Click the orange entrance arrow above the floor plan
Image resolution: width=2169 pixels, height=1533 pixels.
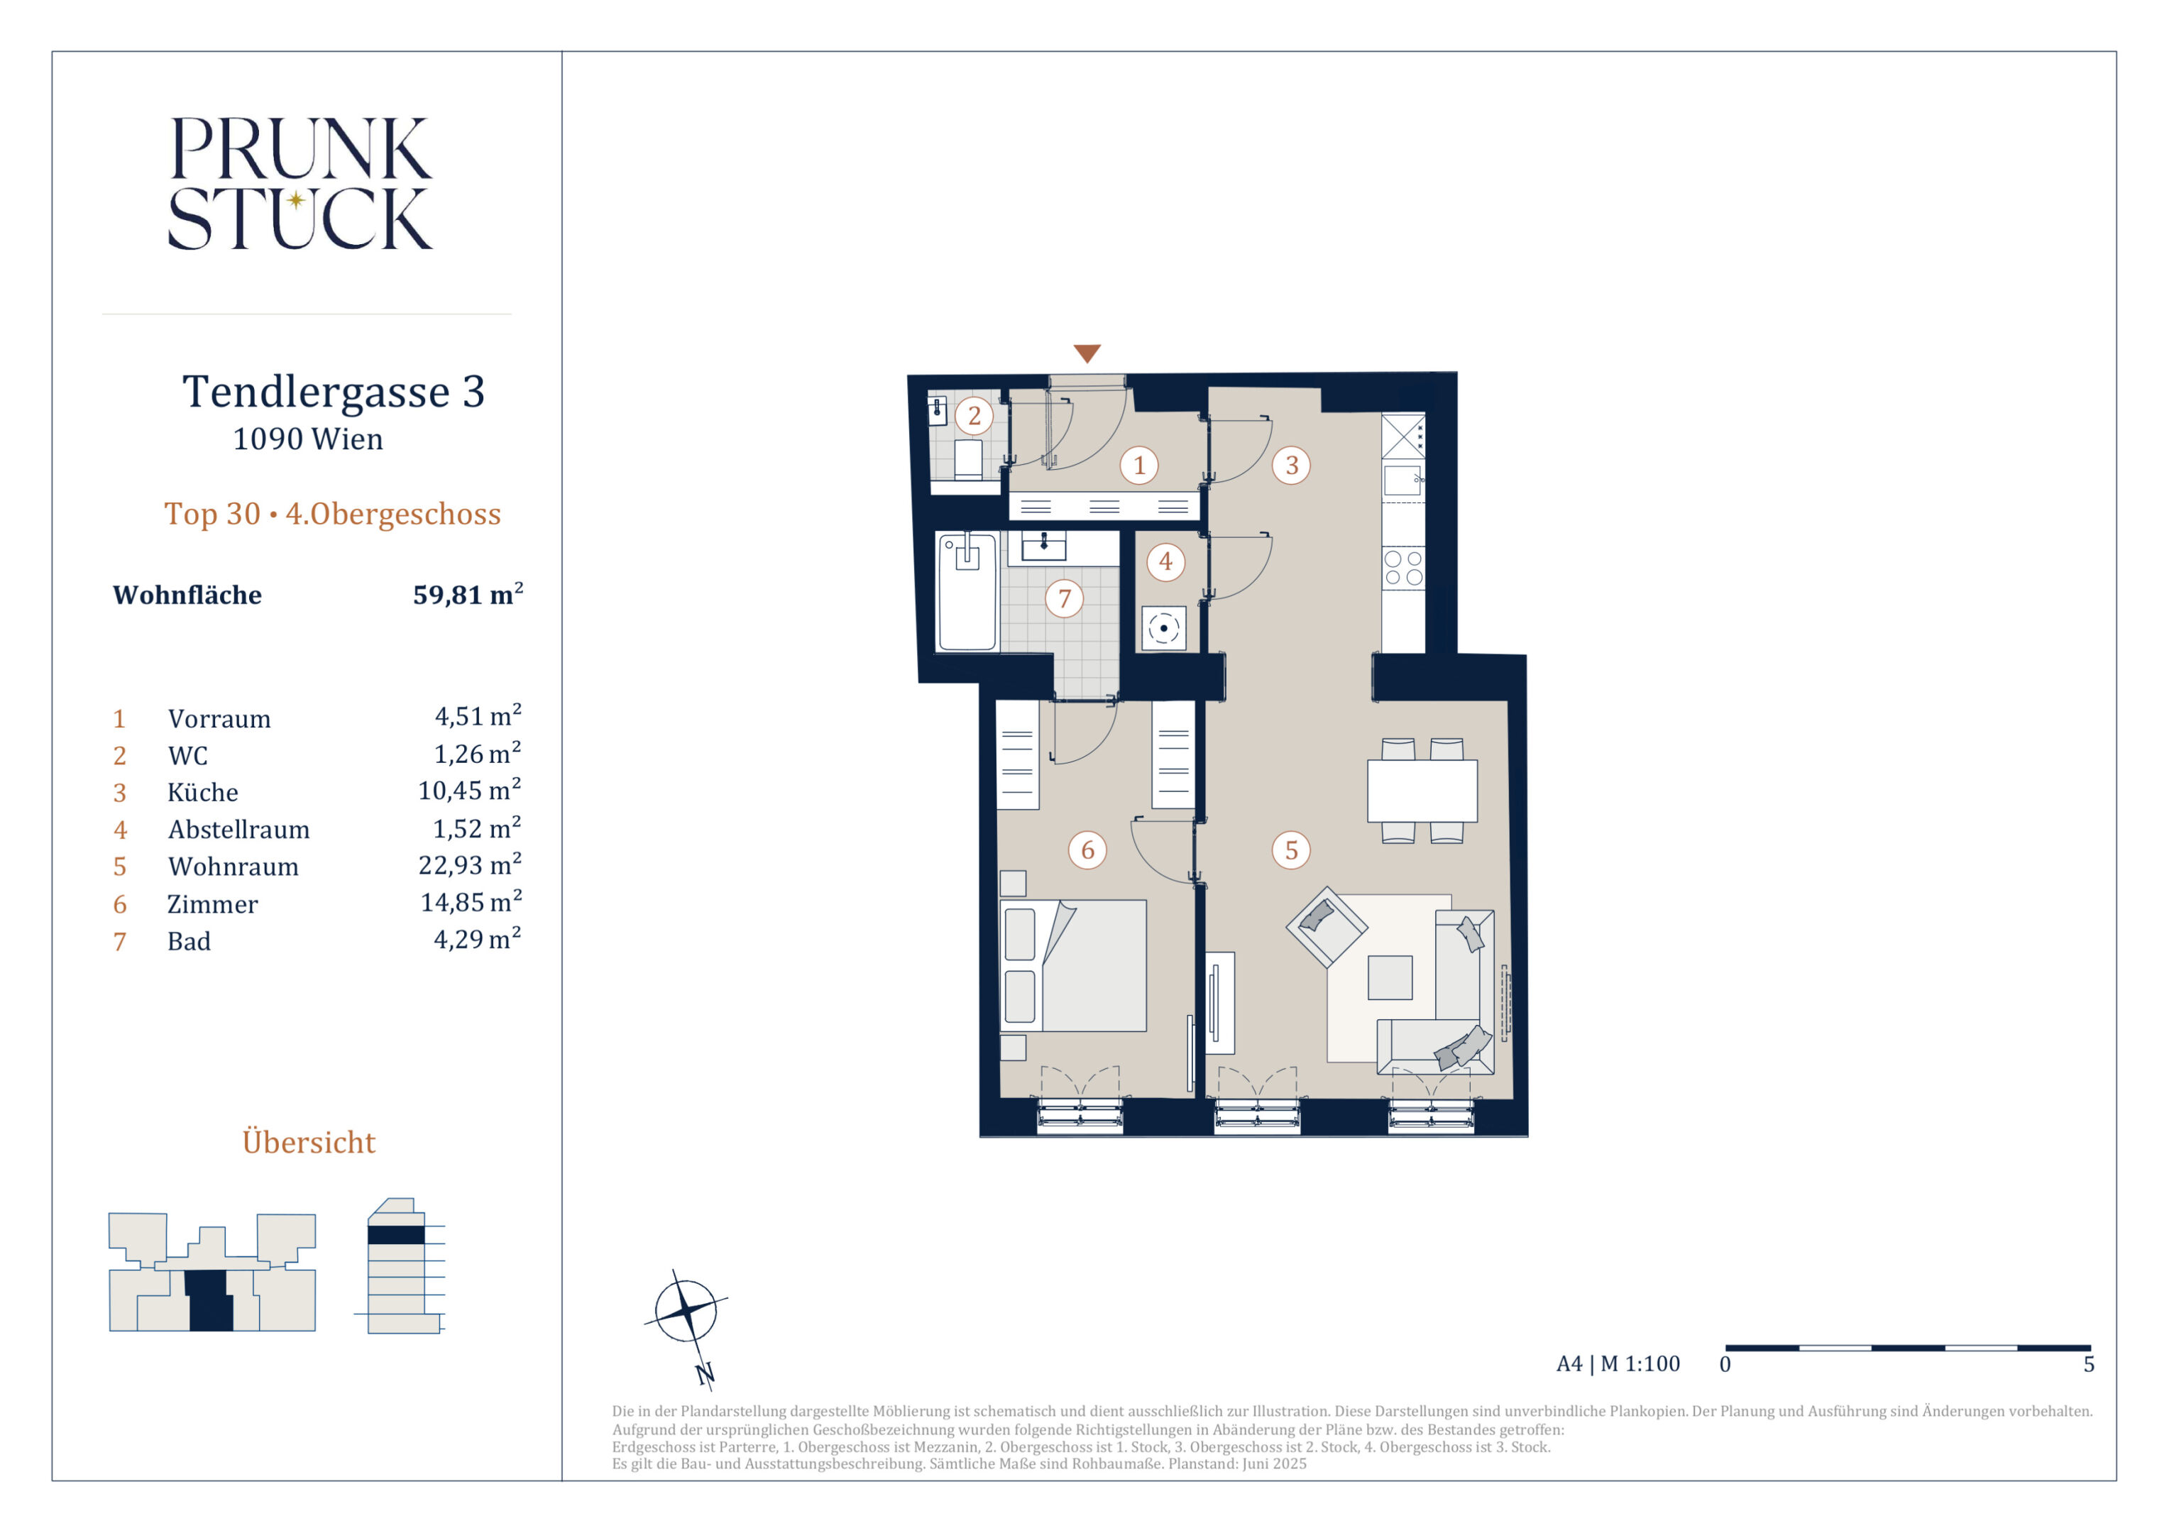(1087, 353)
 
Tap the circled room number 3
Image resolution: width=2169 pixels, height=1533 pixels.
(1291, 465)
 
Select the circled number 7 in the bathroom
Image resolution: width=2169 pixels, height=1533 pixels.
(1065, 598)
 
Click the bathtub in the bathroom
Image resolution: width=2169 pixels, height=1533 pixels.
(967, 592)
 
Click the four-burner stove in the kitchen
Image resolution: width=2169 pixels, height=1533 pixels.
(1404, 568)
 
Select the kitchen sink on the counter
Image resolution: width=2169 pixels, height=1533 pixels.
(1403, 480)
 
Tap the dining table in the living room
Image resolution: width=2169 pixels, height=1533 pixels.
(1422, 791)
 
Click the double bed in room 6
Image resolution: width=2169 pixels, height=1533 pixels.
(1073, 965)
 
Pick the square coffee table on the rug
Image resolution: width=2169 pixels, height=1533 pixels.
(1390, 977)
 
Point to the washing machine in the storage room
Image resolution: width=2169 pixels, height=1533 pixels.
(1164, 628)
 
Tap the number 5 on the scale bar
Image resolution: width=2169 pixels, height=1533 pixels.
(2089, 1365)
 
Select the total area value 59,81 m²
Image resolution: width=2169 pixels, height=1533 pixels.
(468, 594)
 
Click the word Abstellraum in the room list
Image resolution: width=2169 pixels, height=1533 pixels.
(239, 830)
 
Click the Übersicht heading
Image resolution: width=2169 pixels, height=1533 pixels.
(309, 1141)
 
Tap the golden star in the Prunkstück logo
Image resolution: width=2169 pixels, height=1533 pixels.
(296, 199)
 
